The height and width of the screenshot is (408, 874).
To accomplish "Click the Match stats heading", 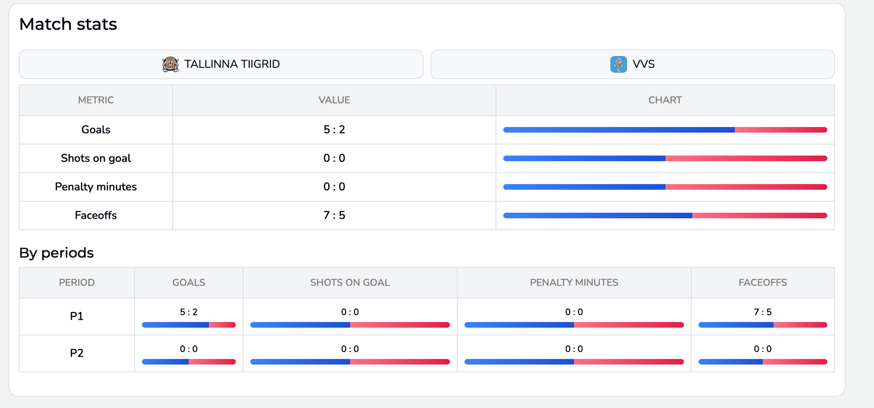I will tap(68, 24).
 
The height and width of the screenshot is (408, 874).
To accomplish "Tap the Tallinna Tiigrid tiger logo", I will tap(170, 64).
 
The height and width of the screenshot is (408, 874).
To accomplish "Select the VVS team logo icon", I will tap(618, 64).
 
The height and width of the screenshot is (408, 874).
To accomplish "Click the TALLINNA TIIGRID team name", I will tap(232, 64).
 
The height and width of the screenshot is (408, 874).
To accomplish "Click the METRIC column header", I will tap(96, 100).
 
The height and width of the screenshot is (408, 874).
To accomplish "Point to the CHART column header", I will tap(665, 100).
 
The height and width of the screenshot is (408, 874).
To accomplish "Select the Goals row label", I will tap(96, 130).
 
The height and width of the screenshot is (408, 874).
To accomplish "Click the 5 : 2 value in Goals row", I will tap(334, 130).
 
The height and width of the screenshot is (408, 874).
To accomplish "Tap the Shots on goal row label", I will tap(96, 158).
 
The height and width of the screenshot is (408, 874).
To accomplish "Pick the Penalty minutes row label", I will tap(96, 187).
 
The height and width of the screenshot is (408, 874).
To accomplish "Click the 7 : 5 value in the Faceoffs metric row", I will tap(334, 215).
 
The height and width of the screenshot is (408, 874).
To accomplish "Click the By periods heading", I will tap(56, 253).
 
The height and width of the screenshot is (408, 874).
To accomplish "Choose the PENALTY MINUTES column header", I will tap(574, 283).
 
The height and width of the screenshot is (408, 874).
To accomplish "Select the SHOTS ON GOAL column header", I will tap(350, 283).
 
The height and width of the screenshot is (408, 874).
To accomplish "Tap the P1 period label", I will tap(76, 316).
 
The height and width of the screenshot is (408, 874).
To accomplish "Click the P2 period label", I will tap(76, 353).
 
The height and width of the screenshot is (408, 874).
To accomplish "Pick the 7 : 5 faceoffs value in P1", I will tap(763, 312).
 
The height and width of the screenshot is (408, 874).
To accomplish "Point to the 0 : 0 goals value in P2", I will tap(188, 349).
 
